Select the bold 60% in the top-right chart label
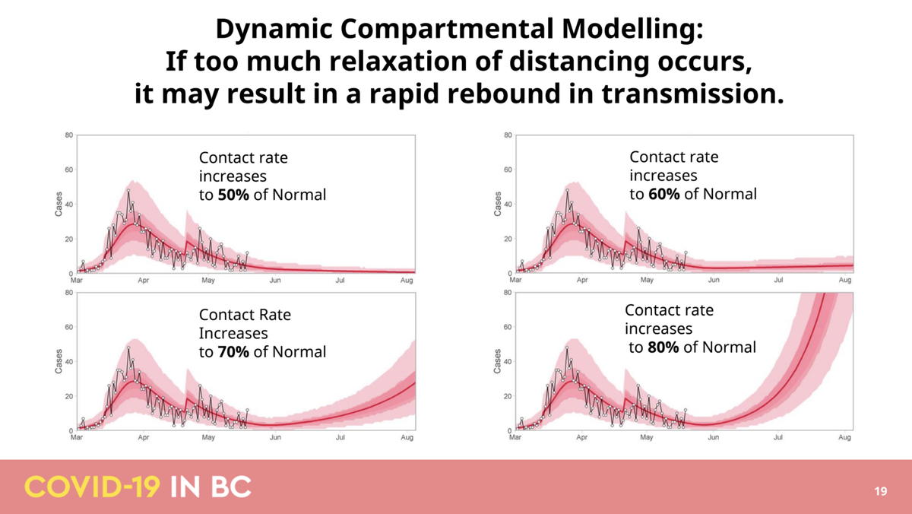click(x=664, y=194)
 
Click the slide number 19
click(x=881, y=491)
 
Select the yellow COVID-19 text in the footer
click(x=92, y=487)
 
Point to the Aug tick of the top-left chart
click(x=407, y=281)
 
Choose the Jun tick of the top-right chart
click(x=714, y=281)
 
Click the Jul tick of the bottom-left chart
click(x=340, y=438)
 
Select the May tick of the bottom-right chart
click(x=647, y=438)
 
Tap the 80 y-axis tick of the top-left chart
click(x=69, y=136)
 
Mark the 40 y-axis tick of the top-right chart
click(x=507, y=205)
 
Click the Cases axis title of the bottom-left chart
click(x=59, y=361)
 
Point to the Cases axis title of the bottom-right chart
click(x=498, y=361)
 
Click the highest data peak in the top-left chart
click(x=128, y=190)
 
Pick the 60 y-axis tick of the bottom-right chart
click(x=507, y=328)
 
